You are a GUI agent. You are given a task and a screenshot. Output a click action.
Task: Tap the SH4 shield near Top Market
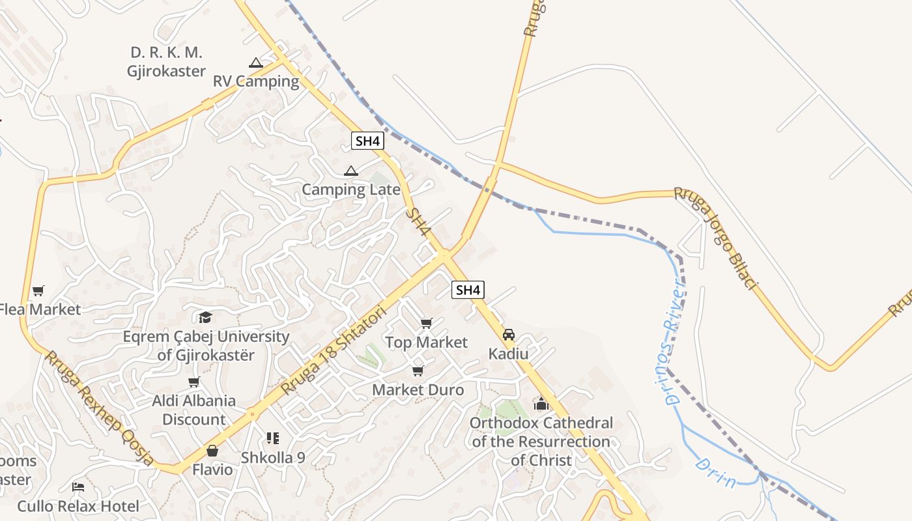(x=468, y=290)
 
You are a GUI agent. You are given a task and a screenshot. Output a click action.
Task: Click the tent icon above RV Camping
(x=255, y=63)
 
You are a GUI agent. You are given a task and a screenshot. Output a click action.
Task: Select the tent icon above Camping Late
(x=351, y=171)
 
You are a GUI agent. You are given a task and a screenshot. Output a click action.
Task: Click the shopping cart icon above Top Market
(x=427, y=323)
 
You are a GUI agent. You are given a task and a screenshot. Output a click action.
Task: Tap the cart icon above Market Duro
(x=418, y=371)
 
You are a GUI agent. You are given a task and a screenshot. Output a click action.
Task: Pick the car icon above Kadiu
(x=509, y=335)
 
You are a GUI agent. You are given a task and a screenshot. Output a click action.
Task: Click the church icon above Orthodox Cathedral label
(x=541, y=404)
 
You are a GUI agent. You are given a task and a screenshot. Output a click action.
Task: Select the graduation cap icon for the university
(x=206, y=317)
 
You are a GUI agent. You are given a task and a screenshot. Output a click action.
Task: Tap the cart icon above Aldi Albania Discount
(x=193, y=382)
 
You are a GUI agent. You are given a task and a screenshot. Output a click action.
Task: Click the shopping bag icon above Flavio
(x=212, y=450)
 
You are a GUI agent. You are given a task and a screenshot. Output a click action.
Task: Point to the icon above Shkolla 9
(x=272, y=438)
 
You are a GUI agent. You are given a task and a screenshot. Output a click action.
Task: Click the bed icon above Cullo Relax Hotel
(x=78, y=487)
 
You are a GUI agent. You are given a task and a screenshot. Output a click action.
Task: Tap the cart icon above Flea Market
(x=38, y=290)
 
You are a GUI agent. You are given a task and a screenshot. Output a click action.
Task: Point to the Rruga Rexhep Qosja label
(x=99, y=408)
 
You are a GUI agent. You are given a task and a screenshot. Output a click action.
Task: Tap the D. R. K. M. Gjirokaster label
(x=167, y=62)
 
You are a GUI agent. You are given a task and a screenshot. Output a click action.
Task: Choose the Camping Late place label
(x=351, y=190)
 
